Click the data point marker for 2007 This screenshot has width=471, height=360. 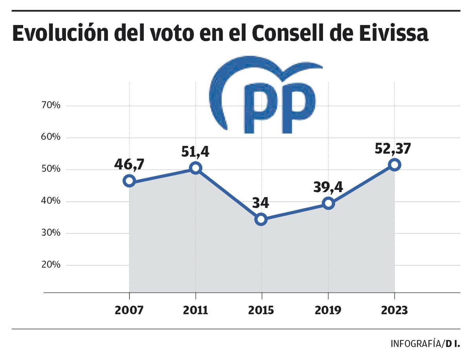pyautogui.click(x=129, y=181)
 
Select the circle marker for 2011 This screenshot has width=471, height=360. pyautogui.click(x=195, y=168)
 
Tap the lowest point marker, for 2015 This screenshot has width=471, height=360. pyautogui.click(x=261, y=219)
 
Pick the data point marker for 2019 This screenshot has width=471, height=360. pyautogui.click(x=328, y=203)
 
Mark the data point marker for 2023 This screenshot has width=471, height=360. pyautogui.click(x=394, y=165)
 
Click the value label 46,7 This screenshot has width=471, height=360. pyautogui.click(x=129, y=164)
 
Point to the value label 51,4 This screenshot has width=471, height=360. pyautogui.click(x=195, y=151)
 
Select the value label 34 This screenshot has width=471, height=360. pyautogui.click(x=260, y=203)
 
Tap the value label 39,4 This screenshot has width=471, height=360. pyautogui.click(x=328, y=187)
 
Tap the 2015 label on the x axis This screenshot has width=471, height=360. pyautogui.click(x=261, y=310)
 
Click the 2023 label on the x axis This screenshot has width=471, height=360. pyautogui.click(x=394, y=310)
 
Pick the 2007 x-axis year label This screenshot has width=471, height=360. pyautogui.click(x=129, y=310)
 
